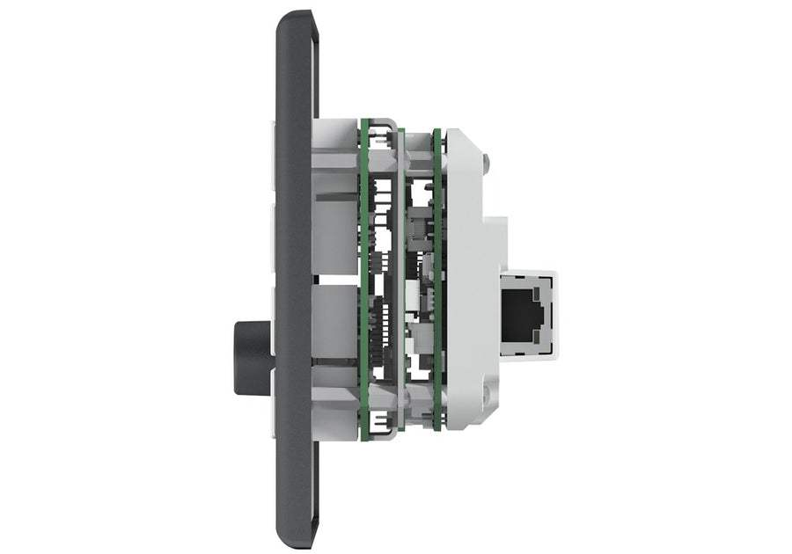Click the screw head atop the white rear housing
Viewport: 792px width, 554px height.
coord(485,162)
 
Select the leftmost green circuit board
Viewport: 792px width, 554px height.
coord(363,281)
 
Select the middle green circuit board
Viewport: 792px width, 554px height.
coord(401,281)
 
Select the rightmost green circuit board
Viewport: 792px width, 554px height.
coord(437,281)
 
